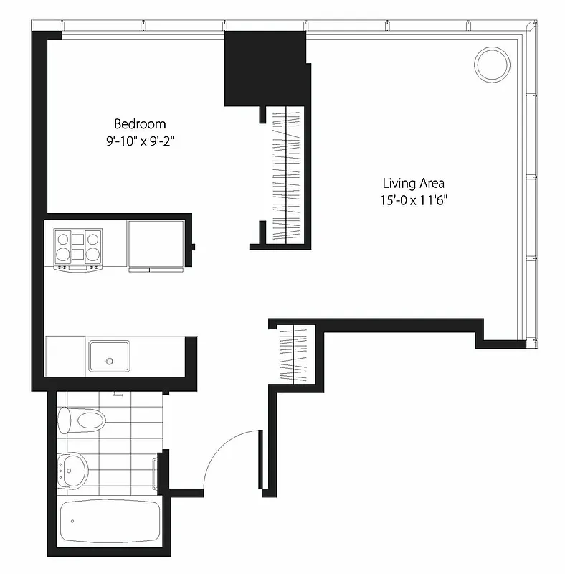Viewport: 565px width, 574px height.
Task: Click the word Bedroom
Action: tap(141, 124)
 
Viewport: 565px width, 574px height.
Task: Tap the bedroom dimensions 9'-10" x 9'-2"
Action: tap(140, 141)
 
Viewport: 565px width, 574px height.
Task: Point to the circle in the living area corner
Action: tap(493, 63)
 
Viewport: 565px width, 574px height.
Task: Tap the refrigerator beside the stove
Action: tap(156, 244)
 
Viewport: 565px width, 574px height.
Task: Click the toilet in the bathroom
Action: tap(82, 419)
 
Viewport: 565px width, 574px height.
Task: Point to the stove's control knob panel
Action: tap(77, 268)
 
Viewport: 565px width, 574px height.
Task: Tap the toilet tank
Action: tap(64, 420)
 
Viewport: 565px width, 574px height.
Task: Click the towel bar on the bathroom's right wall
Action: tap(156, 472)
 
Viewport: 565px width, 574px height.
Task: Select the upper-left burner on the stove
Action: tap(62, 238)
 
